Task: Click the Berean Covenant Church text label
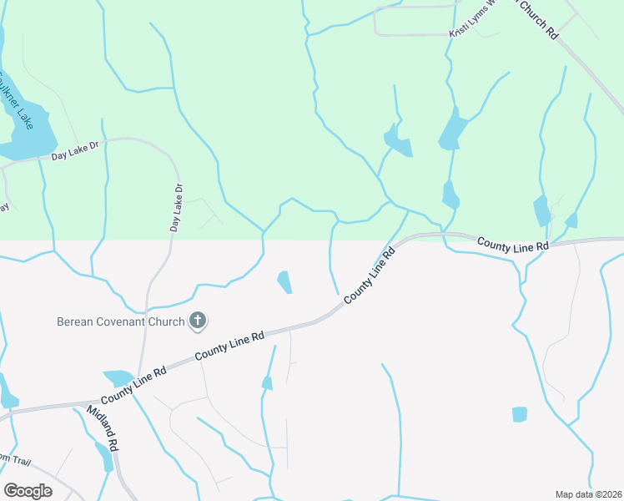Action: [120, 321]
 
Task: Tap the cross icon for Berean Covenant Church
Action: [198, 320]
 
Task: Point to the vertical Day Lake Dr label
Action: [175, 208]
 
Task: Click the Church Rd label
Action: [537, 19]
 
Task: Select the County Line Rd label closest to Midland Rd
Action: [133, 382]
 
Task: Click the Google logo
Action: [27, 490]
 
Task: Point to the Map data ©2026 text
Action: [588, 494]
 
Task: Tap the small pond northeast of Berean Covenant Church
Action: [284, 281]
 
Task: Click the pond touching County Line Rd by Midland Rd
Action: [118, 377]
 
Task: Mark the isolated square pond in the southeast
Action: [520, 414]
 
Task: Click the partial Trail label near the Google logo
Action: [17, 458]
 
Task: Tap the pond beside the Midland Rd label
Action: [104, 455]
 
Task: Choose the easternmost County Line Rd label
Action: [512, 244]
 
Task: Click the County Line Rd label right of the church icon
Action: [229, 346]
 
